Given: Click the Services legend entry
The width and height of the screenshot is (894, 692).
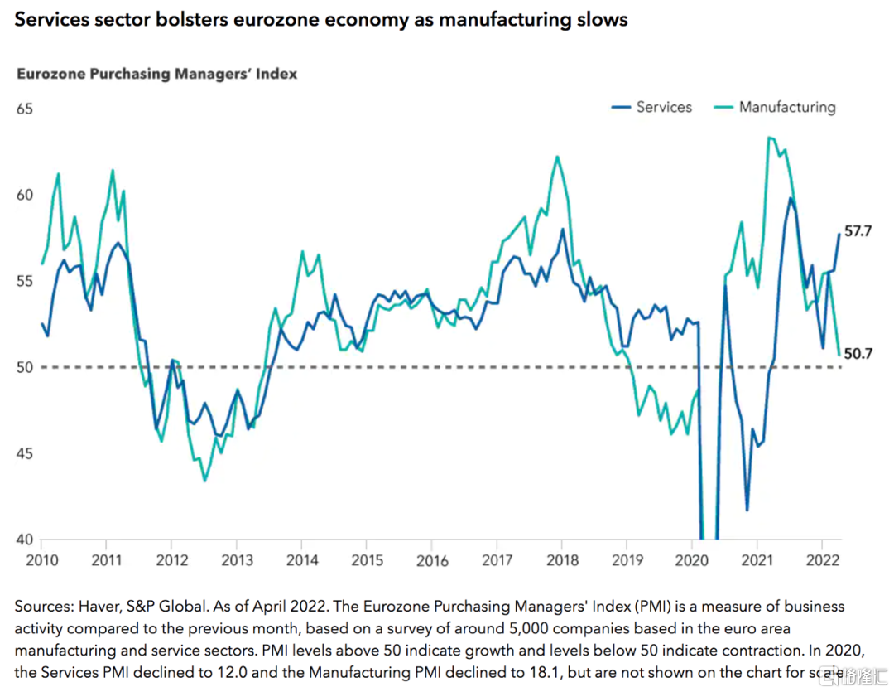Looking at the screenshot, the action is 651,107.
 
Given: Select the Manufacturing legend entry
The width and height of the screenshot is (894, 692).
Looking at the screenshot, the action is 775,108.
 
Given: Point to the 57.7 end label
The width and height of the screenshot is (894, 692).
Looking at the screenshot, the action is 858,231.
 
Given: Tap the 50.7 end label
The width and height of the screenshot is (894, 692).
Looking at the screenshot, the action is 858,354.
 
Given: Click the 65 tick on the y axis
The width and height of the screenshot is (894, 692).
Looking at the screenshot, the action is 25,109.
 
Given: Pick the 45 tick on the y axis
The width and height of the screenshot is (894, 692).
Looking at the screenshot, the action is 25,454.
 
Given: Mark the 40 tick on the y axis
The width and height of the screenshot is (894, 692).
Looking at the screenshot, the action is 25,540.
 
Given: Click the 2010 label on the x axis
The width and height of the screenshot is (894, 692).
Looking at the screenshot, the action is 42,560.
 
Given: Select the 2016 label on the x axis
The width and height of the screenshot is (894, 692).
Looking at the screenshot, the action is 432,561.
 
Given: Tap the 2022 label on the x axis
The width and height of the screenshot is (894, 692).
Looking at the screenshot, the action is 823,560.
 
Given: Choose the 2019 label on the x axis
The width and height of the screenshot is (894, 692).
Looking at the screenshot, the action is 627,561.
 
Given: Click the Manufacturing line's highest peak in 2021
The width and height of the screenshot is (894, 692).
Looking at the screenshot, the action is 769,138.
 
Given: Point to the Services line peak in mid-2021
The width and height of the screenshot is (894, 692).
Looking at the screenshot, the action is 791,198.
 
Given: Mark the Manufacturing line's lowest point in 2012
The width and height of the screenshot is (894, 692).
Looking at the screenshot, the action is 204,481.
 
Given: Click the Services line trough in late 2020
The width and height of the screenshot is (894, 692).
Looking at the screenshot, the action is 747,510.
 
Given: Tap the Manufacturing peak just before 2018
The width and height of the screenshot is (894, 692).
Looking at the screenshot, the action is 557,157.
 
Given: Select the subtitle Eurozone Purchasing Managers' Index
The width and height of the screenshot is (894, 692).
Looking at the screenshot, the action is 156,75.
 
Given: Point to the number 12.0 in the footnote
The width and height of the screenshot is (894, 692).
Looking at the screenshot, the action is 232,672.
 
